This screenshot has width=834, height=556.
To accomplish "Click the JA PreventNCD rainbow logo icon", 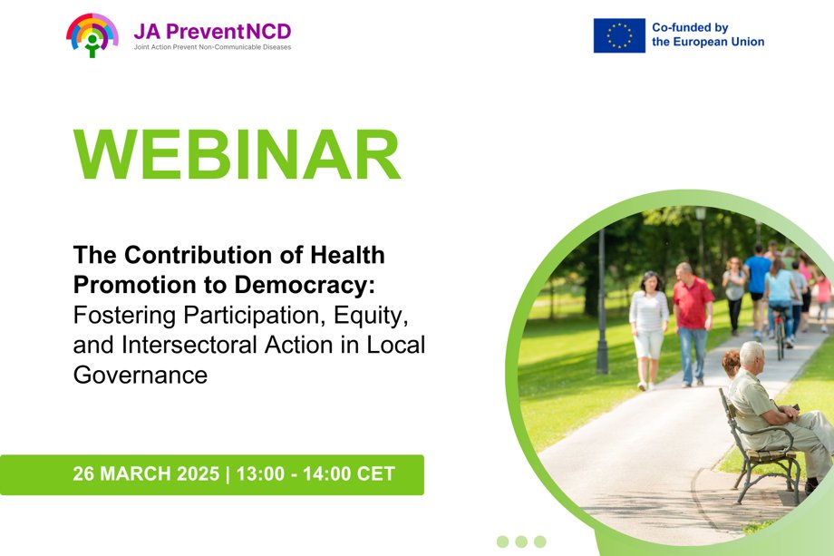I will [x=92, y=34].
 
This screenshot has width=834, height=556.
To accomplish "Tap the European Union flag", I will [x=619, y=35].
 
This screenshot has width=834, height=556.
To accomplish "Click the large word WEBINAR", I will [x=238, y=156].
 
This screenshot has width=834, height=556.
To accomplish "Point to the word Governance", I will [x=141, y=375].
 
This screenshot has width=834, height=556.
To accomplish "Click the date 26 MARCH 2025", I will [x=146, y=474].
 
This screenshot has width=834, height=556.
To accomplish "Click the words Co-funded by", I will [x=690, y=27].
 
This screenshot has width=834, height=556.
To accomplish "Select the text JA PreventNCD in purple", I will [x=212, y=32].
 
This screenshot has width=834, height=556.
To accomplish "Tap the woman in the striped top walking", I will [x=648, y=327].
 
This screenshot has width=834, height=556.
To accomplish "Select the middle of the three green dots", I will [x=521, y=541].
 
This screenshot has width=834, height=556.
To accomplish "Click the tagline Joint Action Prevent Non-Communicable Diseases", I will [x=212, y=47].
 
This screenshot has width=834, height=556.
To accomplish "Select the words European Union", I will [x=720, y=42].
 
